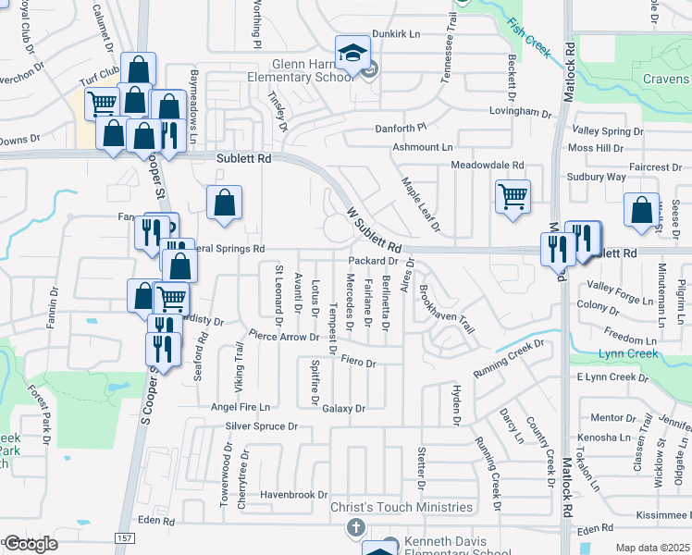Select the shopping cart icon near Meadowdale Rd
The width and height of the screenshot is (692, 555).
click(x=513, y=196)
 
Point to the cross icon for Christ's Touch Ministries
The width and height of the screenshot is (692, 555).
click(x=354, y=527)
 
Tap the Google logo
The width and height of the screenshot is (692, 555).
click(x=30, y=544)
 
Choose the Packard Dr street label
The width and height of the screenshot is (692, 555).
click(x=373, y=261)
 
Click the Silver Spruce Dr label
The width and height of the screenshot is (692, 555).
click(x=262, y=426)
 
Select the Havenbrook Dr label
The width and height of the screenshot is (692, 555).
click(x=294, y=495)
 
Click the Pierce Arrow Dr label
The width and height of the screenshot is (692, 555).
click(x=283, y=337)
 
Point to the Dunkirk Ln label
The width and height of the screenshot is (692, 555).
click(x=396, y=33)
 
